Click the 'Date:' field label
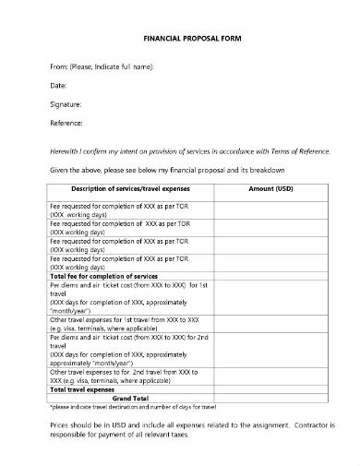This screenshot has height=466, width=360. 56,86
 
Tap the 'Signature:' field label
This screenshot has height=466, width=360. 66,104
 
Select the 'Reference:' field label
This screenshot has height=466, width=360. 66,123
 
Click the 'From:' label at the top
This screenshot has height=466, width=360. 57,67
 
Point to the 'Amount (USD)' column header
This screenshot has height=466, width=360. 270,187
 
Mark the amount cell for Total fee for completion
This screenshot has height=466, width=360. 270,276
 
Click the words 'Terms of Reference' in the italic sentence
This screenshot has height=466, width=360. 296,150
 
